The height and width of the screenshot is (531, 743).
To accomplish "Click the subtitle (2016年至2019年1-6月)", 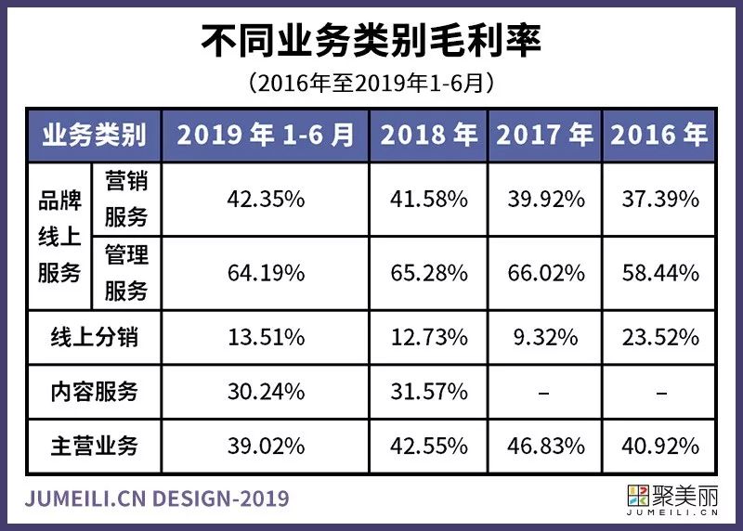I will pyautogui.click(x=371, y=84).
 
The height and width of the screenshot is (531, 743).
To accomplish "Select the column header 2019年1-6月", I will pyautogui.click(x=266, y=136).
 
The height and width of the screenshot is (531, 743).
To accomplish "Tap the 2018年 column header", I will pyautogui.click(x=428, y=136).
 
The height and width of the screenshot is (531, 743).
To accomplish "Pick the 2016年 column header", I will pyautogui.click(x=658, y=136).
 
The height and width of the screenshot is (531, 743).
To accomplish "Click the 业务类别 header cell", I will pyautogui.click(x=94, y=136).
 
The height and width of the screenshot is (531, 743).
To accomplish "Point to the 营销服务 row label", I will pyautogui.click(x=125, y=199).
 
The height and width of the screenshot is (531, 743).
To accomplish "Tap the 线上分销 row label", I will pyautogui.click(x=94, y=337).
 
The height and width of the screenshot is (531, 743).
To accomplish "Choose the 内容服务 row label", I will pyautogui.click(x=94, y=392).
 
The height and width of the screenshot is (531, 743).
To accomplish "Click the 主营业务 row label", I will pyautogui.click(x=94, y=446).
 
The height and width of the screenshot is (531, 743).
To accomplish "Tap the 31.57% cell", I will pyautogui.click(x=428, y=392).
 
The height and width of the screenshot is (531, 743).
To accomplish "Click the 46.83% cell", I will pyautogui.click(x=544, y=447).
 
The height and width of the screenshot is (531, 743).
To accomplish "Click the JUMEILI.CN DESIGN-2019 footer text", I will pyautogui.click(x=158, y=499).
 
